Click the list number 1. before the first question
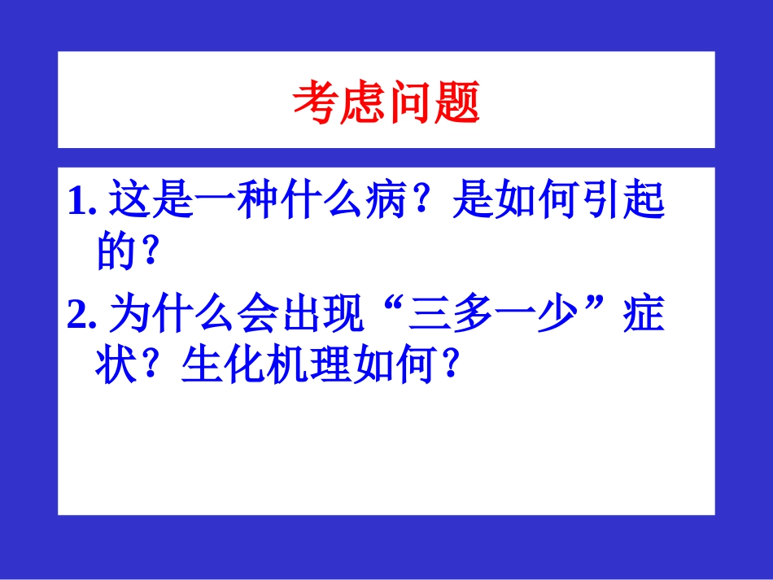[83, 202]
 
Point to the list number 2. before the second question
[83, 314]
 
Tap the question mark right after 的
[149, 253]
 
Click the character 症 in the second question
[648, 313]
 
